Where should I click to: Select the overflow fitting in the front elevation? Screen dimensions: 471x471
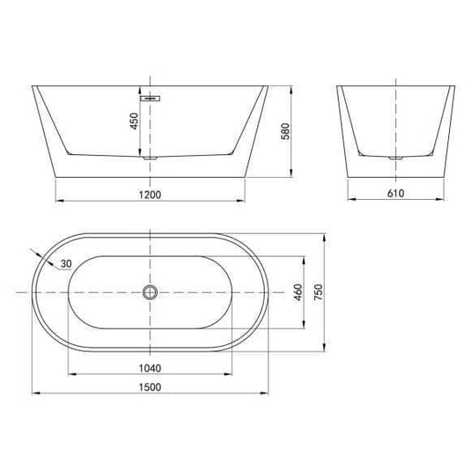[151, 99]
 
